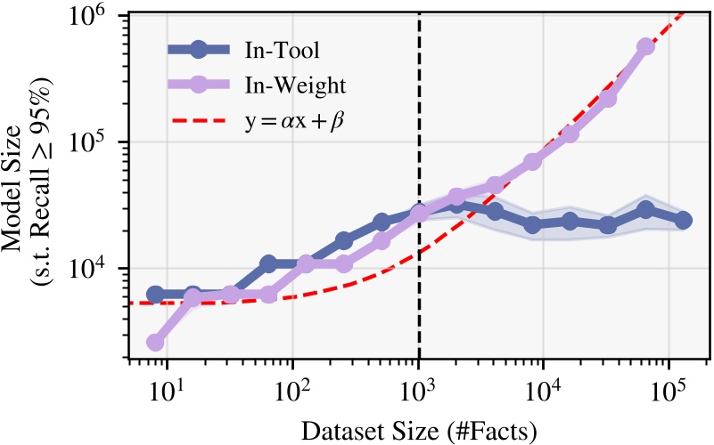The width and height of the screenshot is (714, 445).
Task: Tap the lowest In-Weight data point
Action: [x=155, y=343]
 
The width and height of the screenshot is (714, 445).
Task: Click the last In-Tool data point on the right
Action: [x=684, y=220]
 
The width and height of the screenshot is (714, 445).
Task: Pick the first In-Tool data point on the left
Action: [x=155, y=295]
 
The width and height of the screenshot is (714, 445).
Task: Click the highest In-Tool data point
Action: [x=456, y=205]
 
